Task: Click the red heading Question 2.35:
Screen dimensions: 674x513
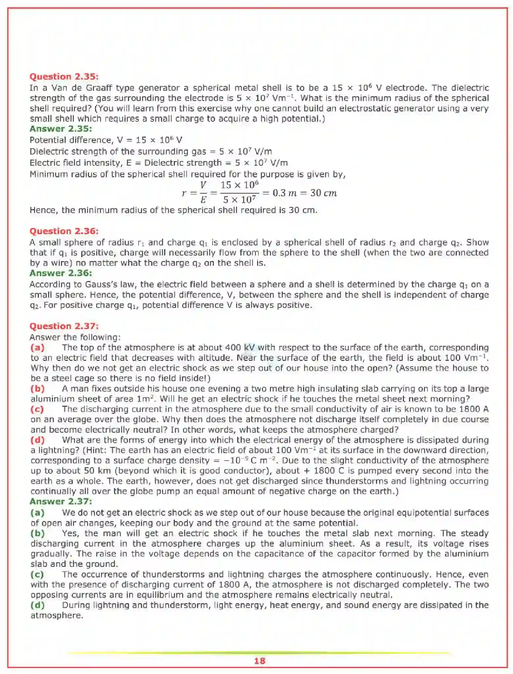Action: [64, 77]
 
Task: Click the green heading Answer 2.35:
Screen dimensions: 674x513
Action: [61, 129]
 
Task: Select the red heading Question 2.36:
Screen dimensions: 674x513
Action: [64, 231]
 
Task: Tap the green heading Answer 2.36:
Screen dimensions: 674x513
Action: [61, 273]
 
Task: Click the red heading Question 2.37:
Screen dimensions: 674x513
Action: [64, 326]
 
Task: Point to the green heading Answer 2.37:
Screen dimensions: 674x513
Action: [61, 501]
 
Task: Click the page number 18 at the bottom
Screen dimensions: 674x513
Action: [260, 661]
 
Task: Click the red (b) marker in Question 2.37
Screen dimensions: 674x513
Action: [38, 389]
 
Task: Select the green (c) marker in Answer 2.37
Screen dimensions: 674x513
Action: [37, 574]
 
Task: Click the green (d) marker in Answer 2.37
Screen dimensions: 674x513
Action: [38, 605]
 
